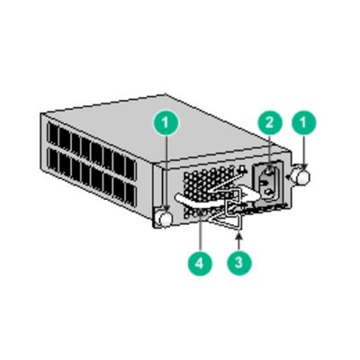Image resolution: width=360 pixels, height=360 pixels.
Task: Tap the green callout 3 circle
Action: click(x=237, y=265)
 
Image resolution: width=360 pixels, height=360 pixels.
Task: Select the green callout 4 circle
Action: click(x=199, y=265)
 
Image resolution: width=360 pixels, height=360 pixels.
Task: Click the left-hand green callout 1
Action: click(x=165, y=122)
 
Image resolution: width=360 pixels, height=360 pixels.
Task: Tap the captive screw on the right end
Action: click(x=303, y=176)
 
